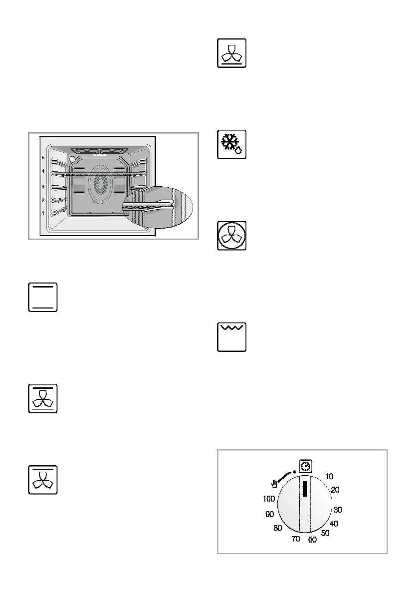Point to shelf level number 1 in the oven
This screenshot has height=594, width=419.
tap(42, 213)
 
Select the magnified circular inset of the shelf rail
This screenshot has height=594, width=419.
tap(156, 206)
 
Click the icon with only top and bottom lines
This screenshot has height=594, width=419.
tap(43, 298)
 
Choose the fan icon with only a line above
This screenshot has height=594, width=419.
tap(43, 480)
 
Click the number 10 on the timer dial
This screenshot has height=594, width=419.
tap(329, 477)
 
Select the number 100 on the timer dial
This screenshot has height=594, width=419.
tap(268, 499)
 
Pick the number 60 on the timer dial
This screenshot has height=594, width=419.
tap(312, 540)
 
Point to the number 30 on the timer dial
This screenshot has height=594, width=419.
tap(338, 510)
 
